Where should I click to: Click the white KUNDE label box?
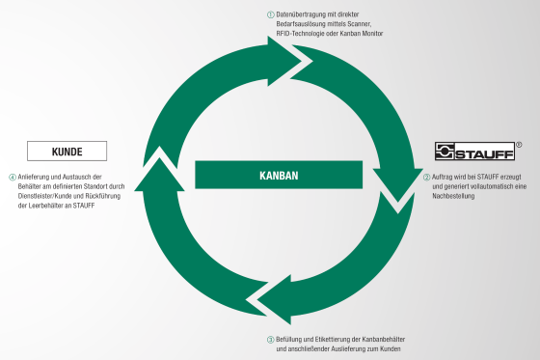tap(66, 152)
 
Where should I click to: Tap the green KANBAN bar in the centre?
tap(280, 176)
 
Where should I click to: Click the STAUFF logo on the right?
tap(473, 152)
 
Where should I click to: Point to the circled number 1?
tap(270, 14)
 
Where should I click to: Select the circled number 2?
tap(427, 178)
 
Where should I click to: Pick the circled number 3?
tap(270, 338)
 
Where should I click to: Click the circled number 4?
tap(13, 178)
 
